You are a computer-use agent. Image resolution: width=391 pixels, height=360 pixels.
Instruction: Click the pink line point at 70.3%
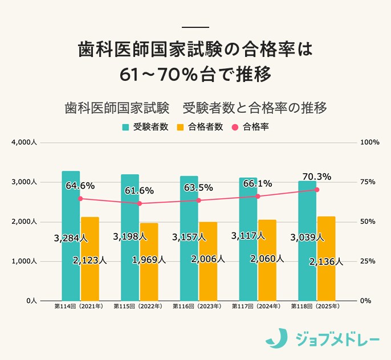(317, 190)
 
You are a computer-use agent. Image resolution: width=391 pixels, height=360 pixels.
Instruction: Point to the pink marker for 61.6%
(140, 203)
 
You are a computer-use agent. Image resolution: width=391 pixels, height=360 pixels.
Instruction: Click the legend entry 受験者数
(145, 127)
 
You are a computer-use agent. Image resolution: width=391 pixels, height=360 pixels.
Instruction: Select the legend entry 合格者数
(199, 127)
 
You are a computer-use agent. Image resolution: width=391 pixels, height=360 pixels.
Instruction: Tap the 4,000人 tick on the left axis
(24, 142)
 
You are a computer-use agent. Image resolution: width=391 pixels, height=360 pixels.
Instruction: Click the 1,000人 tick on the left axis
(24, 261)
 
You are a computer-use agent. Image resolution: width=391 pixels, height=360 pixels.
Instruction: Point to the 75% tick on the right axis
(369, 182)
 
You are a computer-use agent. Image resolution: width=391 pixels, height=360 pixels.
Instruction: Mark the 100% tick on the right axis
(370, 142)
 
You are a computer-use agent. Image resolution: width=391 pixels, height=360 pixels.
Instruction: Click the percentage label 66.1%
(257, 184)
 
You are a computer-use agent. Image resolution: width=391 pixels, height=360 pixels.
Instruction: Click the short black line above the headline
(195, 27)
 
